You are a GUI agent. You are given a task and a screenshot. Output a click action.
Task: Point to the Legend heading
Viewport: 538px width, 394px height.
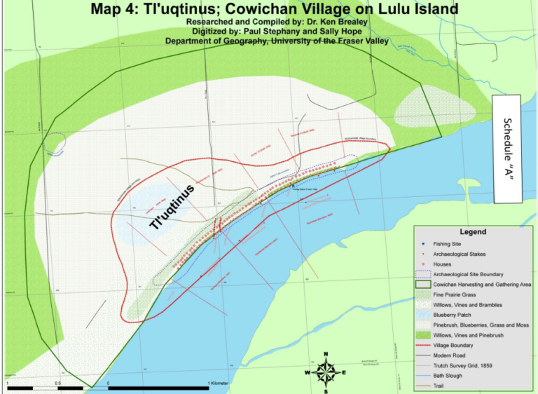472,232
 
